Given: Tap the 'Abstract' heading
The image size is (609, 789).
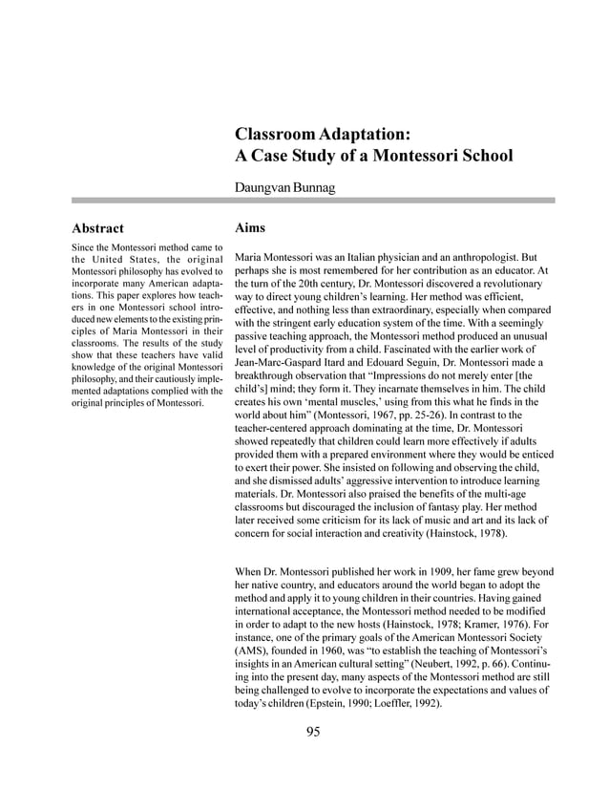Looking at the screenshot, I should click(x=97, y=229).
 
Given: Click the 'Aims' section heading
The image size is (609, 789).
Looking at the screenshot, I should click(x=250, y=228).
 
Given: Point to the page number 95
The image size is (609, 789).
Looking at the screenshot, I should click(x=313, y=732).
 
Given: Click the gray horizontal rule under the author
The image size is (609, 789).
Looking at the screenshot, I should click(x=304, y=201).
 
